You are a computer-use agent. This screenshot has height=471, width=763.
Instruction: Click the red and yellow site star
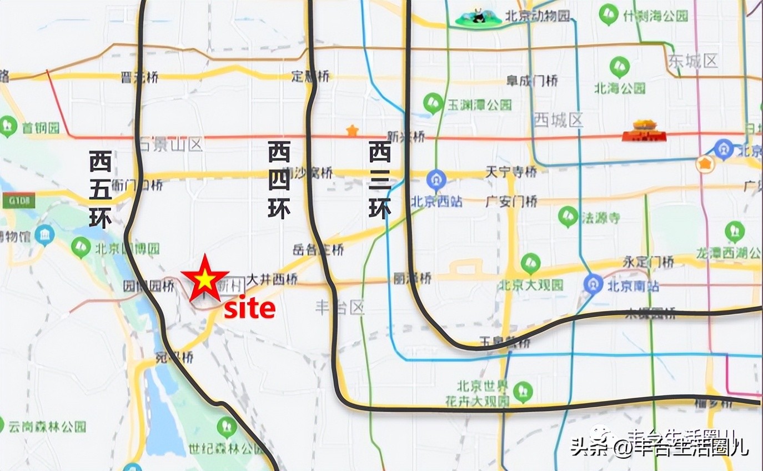(204, 279)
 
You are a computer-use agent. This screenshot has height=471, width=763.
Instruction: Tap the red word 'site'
(249, 309)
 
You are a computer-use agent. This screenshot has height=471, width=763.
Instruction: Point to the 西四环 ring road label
(279, 179)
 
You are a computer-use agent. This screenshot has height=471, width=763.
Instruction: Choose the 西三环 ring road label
(380, 179)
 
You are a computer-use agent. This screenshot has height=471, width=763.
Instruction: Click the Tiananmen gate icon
(644, 131)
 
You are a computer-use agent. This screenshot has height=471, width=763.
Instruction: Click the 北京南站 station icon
(593, 285)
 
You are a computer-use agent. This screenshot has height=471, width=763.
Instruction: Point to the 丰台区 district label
(339, 307)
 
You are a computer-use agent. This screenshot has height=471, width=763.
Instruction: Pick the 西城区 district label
(558, 119)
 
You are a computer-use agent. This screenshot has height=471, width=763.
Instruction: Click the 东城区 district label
(693, 61)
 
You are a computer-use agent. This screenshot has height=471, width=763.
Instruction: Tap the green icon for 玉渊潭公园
(433, 103)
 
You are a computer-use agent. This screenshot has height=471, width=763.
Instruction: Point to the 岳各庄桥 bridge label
(318, 249)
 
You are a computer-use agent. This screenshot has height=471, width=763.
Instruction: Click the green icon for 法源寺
(568, 217)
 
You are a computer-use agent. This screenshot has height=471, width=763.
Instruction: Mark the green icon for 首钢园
(8, 127)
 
